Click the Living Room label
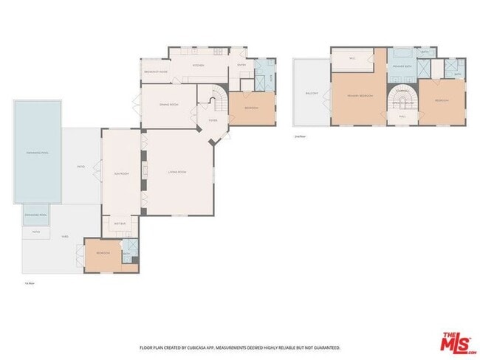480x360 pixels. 176,172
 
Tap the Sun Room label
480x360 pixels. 120,173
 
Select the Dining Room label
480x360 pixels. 168,105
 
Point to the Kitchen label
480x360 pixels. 198,66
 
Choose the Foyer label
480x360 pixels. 213,120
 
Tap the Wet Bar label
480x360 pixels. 119,223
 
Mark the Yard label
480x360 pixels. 65,237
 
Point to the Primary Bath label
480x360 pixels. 402,67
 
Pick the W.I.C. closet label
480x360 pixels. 353,58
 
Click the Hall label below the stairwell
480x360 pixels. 402,116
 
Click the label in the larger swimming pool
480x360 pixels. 36,153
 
